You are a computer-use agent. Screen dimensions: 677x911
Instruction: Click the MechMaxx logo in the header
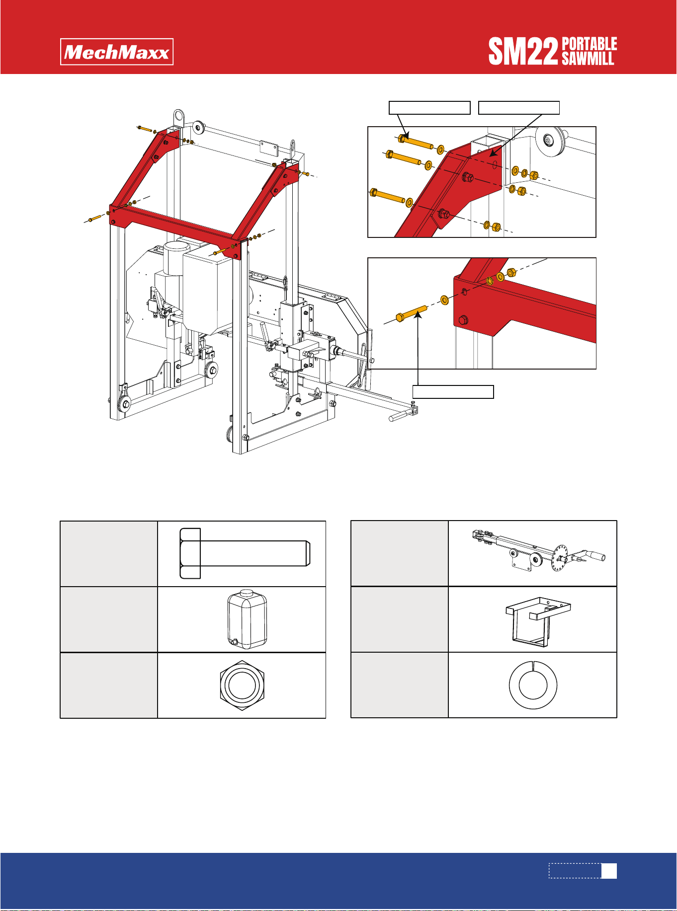tap(117, 52)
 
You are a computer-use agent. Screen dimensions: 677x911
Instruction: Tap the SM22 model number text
tap(523, 52)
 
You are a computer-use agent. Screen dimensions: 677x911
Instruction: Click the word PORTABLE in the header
tap(590, 44)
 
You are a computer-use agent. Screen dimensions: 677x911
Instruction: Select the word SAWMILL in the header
tap(588, 59)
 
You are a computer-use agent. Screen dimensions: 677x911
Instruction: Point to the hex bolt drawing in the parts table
tap(245, 553)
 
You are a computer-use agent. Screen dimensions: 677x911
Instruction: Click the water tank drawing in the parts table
tap(247, 619)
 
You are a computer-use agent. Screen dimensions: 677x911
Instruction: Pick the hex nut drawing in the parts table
tap(242, 685)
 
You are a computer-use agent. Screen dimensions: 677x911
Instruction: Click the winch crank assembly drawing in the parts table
tap(538, 552)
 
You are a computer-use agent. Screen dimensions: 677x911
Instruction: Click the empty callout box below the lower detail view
tap(453, 391)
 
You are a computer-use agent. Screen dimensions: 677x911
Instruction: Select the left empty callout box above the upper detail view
tap(429, 108)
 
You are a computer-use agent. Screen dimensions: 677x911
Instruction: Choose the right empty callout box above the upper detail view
tap(519, 108)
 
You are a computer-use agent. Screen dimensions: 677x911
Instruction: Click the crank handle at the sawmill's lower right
tap(400, 416)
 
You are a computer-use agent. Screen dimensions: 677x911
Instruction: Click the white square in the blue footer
tap(609, 871)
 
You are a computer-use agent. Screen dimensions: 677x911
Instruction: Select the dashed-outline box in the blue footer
tap(575, 871)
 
